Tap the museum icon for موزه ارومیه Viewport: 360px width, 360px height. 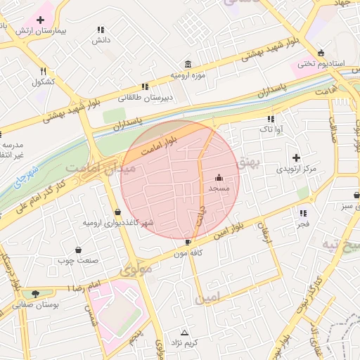pyautogui.click(x=188, y=63)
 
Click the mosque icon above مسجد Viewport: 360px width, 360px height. pyautogui.click(x=219, y=177)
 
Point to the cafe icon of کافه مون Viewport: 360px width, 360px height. pyautogui.click(x=188, y=242)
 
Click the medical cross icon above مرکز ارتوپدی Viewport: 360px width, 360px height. pyautogui.click(x=296, y=157)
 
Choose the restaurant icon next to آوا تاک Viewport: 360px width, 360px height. pyautogui.click(x=271, y=118)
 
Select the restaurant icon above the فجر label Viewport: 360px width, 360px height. pyautogui.click(x=303, y=213)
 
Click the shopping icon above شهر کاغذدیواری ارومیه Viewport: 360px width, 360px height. pyautogui.click(x=117, y=211)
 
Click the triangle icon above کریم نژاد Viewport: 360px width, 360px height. pyautogui.click(x=185, y=332)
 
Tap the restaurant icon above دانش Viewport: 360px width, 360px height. pyautogui.click(x=101, y=30)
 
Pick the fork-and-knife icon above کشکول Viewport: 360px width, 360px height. pyautogui.click(x=43, y=71)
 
